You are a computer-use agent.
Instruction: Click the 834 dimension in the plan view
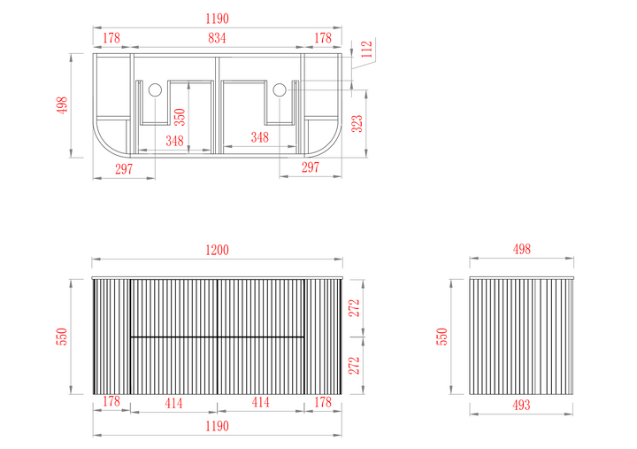point(217,38)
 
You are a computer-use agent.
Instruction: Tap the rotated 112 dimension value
point(366,49)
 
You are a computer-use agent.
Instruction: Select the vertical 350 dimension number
point(180,117)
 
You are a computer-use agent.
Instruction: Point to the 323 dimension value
point(357,124)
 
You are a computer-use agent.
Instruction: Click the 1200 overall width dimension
point(218,250)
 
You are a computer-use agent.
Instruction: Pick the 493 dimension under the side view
point(521,405)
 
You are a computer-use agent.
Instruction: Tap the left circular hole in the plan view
point(155,89)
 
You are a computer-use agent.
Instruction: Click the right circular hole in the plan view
point(280,89)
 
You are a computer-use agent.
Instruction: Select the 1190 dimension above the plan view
point(218,19)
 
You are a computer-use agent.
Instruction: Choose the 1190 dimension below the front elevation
point(218,426)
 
